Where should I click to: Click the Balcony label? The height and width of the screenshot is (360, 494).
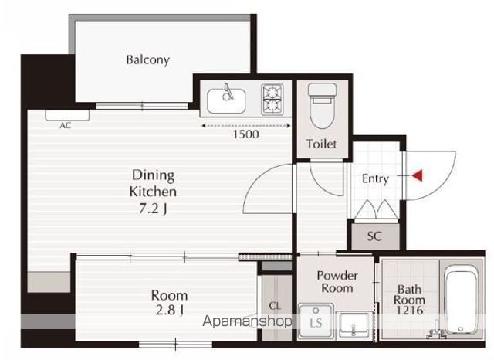click(x=147, y=60)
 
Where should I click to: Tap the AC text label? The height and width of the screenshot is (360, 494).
click(x=65, y=125)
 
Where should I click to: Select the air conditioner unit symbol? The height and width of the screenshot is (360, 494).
click(x=67, y=115)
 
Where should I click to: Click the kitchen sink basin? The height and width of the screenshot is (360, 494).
click(x=226, y=101)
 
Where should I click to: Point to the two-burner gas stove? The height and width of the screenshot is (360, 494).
click(x=272, y=100)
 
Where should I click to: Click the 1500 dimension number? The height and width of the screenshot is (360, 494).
click(x=245, y=134)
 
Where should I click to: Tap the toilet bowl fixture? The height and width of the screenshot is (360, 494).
click(x=322, y=106)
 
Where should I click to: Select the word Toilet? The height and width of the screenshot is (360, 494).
click(x=321, y=144)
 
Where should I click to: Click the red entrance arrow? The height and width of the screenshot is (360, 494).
click(x=418, y=175)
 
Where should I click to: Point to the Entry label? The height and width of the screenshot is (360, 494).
click(x=375, y=178)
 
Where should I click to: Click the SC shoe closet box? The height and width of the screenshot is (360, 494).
click(x=375, y=236)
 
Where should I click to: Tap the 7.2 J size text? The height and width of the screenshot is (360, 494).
click(x=153, y=209)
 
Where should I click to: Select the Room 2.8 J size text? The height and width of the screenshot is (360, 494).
click(x=170, y=311)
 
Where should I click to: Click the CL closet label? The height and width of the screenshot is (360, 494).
click(x=275, y=306)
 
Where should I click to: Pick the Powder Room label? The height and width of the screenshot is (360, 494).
click(x=337, y=282)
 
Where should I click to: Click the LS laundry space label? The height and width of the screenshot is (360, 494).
click(x=316, y=323)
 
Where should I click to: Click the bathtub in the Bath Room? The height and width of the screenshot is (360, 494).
click(x=461, y=300)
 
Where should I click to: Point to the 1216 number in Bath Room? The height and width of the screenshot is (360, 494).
click(x=409, y=311)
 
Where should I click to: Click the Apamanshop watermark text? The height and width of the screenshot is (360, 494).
click(x=247, y=321)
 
